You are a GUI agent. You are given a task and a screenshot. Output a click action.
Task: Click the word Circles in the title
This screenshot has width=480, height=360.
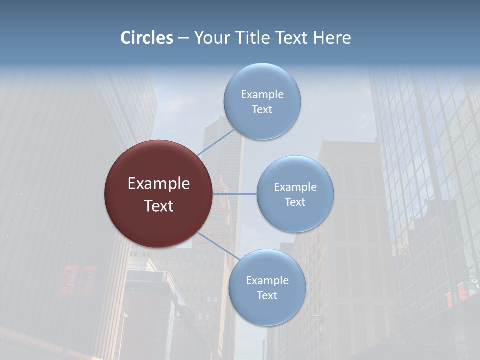(x=146, y=38)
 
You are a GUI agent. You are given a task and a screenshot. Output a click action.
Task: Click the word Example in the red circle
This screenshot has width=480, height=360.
(x=159, y=184)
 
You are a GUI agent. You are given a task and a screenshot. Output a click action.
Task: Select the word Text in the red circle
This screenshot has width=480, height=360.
(x=159, y=206)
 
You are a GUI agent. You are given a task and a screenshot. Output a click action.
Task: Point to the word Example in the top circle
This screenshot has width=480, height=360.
(x=262, y=95)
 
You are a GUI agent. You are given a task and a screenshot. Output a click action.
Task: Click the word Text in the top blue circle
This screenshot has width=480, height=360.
(x=262, y=110)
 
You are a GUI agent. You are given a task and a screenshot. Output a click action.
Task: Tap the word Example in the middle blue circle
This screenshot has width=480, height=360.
(x=295, y=187)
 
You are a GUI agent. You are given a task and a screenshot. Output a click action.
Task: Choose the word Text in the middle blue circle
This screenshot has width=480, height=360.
(x=295, y=202)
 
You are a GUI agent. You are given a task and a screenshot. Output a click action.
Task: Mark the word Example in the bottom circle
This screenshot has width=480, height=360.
(x=267, y=281)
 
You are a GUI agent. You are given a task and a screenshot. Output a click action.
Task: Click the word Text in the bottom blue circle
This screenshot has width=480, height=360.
(x=267, y=296)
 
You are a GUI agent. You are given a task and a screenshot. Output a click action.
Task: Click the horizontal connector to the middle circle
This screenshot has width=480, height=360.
(x=235, y=194)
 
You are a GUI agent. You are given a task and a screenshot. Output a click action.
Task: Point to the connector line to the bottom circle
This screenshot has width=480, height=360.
(x=219, y=246)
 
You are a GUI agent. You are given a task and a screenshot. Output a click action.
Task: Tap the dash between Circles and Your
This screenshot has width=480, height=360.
(x=183, y=38)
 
